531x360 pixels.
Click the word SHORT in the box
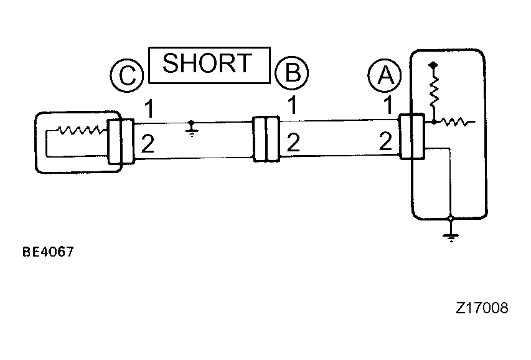point(207,64)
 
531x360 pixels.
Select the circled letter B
point(292,72)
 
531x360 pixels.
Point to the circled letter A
point(385,75)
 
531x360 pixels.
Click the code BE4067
point(48,252)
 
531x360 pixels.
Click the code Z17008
point(482,308)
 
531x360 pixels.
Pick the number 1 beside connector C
point(149,108)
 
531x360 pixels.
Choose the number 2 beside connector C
point(148,144)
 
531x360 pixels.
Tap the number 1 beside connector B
point(293,105)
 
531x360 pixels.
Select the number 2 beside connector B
point(293,143)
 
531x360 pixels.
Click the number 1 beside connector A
point(388,105)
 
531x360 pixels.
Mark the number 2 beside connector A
point(385,141)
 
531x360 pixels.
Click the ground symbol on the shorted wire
point(192,128)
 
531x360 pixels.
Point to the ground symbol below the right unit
point(451,234)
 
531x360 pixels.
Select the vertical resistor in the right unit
point(434,91)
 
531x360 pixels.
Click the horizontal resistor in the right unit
point(454,121)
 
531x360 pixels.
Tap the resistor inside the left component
point(80,130)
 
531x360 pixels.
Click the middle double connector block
point(266,139)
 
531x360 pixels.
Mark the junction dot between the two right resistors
point(434,121)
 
